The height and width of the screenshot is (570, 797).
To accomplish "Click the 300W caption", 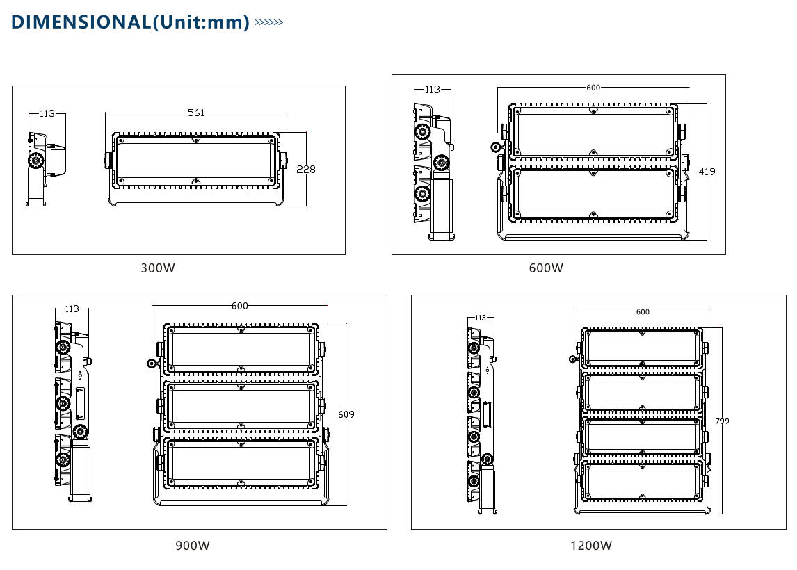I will click(158, 268).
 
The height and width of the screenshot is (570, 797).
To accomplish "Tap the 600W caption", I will click(546, 268).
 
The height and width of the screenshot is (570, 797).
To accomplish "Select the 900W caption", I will click(193, 546).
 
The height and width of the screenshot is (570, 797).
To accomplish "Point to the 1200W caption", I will click(591, 546).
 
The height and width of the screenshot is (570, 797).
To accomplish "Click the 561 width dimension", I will click(196, 113).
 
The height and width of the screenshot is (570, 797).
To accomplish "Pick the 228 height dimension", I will click(306, 170).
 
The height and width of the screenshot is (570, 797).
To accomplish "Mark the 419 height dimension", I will click(707, 172).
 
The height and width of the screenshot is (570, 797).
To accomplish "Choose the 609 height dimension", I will click(346, 414).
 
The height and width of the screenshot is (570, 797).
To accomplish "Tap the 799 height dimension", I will click(722, 421).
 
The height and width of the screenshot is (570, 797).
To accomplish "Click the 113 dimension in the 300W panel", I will click(47, 113).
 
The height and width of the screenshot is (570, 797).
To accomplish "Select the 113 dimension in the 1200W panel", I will click(480, 318).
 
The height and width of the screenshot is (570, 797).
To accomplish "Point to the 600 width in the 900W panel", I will click(240, 306).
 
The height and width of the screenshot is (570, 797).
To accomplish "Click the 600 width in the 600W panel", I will click(593, 88).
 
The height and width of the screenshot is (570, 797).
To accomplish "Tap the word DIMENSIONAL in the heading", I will click(80, 22).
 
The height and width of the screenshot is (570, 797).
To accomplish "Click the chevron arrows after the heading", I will click(269, 22).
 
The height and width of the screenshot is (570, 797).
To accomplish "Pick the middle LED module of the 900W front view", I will click(240, 407).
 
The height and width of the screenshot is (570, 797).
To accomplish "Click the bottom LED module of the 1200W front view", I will click(642, 482).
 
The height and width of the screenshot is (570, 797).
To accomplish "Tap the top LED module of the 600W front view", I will click(593, 131).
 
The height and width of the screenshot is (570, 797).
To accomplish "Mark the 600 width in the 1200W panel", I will click(643, 311).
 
